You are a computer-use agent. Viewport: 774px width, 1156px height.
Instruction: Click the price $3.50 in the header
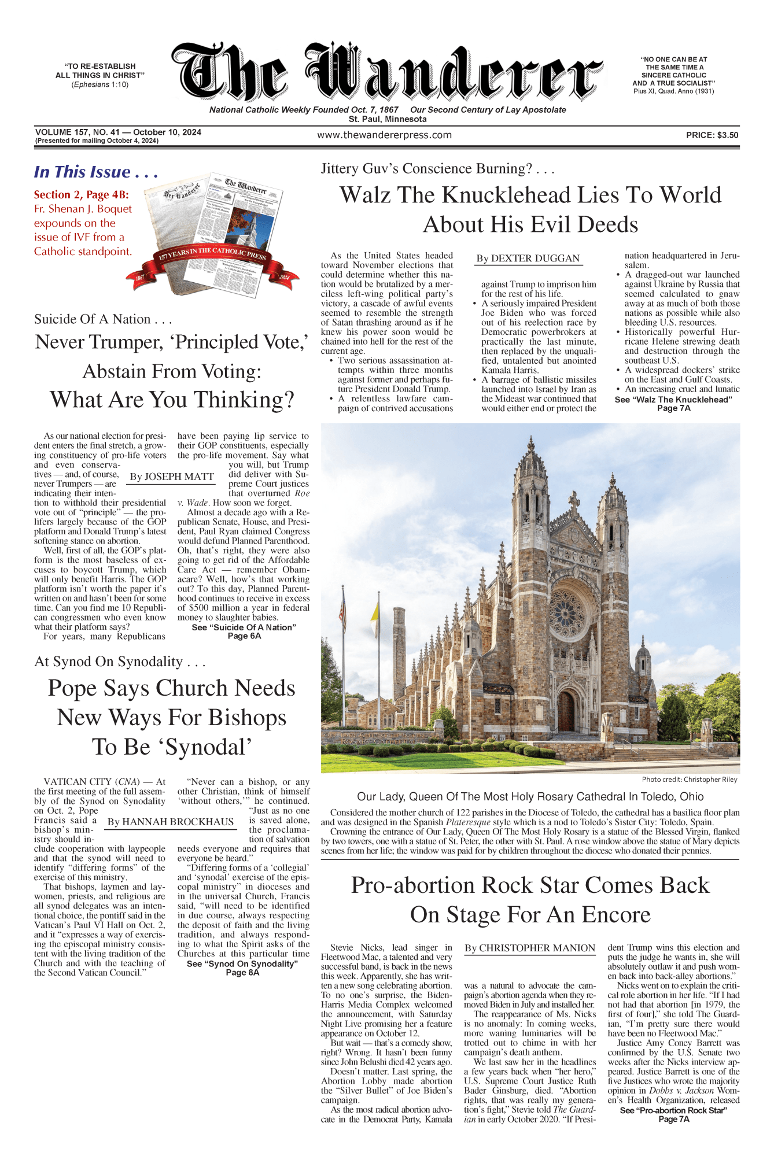(712, 135)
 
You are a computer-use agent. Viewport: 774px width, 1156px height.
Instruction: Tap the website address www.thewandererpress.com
(384, 135)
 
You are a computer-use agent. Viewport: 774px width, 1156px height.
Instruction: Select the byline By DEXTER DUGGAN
(528, 258)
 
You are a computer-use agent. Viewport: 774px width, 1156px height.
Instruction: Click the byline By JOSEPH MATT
(172, 477)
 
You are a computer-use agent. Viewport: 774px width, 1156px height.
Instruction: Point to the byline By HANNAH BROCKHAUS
(171, 822)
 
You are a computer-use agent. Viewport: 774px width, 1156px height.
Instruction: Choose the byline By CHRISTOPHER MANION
(530, 948)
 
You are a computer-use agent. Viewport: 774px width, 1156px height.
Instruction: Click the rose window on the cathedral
(566, 615)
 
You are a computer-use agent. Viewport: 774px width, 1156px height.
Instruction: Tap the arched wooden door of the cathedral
(565, 712)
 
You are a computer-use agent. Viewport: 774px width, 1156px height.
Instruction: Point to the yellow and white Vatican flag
(375, 612)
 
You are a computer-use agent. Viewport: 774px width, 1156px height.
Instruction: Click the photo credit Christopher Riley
(689, 780)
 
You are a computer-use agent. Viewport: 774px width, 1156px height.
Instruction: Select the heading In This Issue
(95, 172)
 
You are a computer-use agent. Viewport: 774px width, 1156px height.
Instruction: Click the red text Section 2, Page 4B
(82, 195)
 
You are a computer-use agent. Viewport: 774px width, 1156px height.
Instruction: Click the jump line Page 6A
(244, 636)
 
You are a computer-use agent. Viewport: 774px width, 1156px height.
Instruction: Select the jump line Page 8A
(242, 973)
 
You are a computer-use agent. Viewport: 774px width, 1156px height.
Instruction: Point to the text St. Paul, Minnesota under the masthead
(387, 119)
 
